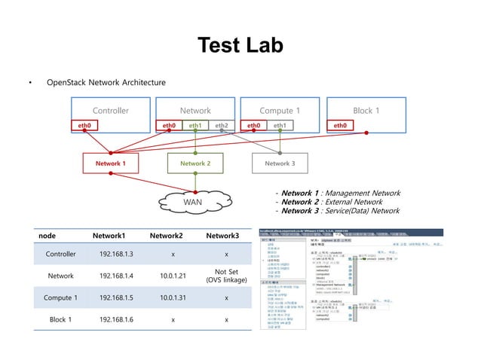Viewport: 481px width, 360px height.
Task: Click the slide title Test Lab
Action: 240,46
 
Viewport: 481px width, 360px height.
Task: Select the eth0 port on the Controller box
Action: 84,125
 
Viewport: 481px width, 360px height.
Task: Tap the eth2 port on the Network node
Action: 221,125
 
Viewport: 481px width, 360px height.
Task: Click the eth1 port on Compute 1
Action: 280,125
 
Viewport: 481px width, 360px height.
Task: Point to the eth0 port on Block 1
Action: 340,125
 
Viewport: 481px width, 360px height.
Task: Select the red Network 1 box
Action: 110,163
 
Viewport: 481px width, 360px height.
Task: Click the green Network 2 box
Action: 195,163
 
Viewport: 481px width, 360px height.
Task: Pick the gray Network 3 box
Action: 280,163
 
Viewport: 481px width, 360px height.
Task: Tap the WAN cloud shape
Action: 195,201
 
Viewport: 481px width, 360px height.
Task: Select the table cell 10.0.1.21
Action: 173,276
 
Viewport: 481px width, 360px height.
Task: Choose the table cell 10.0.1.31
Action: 173,297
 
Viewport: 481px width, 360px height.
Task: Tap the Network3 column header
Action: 222,236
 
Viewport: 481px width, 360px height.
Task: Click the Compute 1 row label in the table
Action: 61,297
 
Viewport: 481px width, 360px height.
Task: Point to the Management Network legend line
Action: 338,194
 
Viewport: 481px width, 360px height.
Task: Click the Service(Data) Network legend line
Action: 338,211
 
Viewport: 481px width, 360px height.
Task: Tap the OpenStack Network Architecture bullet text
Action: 106,81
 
